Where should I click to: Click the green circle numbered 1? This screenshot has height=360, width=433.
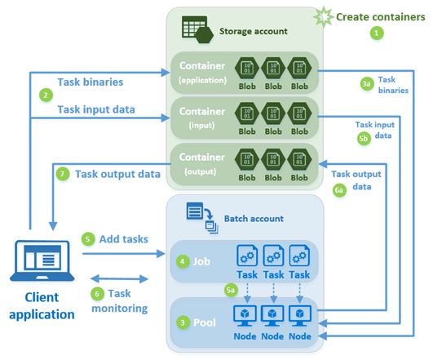376,33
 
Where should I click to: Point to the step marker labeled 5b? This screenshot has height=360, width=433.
364,140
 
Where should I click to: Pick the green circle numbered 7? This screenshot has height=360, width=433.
63,173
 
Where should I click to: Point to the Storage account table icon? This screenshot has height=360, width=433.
195,30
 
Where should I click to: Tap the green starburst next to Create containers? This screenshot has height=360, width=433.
326,16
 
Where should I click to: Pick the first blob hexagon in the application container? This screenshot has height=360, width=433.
246,66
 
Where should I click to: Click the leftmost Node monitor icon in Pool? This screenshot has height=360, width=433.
246,313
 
